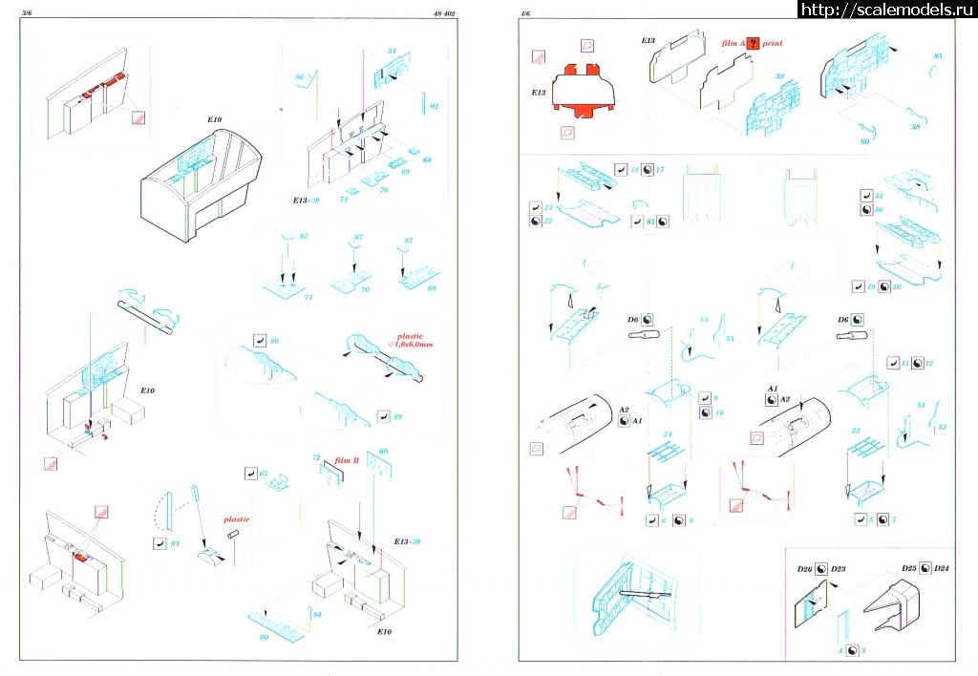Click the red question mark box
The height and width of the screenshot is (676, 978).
(x=754, y=44)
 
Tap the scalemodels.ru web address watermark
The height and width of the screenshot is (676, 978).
(x=886, y=10)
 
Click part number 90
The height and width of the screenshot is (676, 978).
(x=275, y=340)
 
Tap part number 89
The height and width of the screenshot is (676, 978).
(x=397, y=415)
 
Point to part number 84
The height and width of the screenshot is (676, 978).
(x=317, y=614)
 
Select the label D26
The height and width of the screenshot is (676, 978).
(x=804, y=570)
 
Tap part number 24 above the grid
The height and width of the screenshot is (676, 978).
(x=669, y=434)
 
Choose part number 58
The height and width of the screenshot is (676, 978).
(x=916, y=126)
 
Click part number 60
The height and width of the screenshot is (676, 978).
(x=865, y=141)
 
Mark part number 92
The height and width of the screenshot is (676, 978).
(x=434, y=106)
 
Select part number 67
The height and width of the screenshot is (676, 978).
(x=266, y=473)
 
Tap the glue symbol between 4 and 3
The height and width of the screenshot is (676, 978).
(x=850, y=650)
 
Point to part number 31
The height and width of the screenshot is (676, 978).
(x=392, y=51)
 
